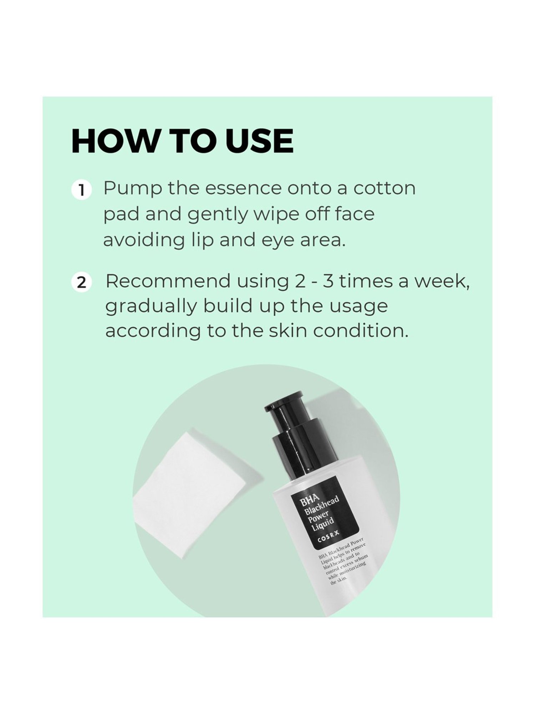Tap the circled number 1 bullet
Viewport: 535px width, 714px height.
click(x=82, y=190)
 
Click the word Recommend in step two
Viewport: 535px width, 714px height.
click(x=168, y=281)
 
